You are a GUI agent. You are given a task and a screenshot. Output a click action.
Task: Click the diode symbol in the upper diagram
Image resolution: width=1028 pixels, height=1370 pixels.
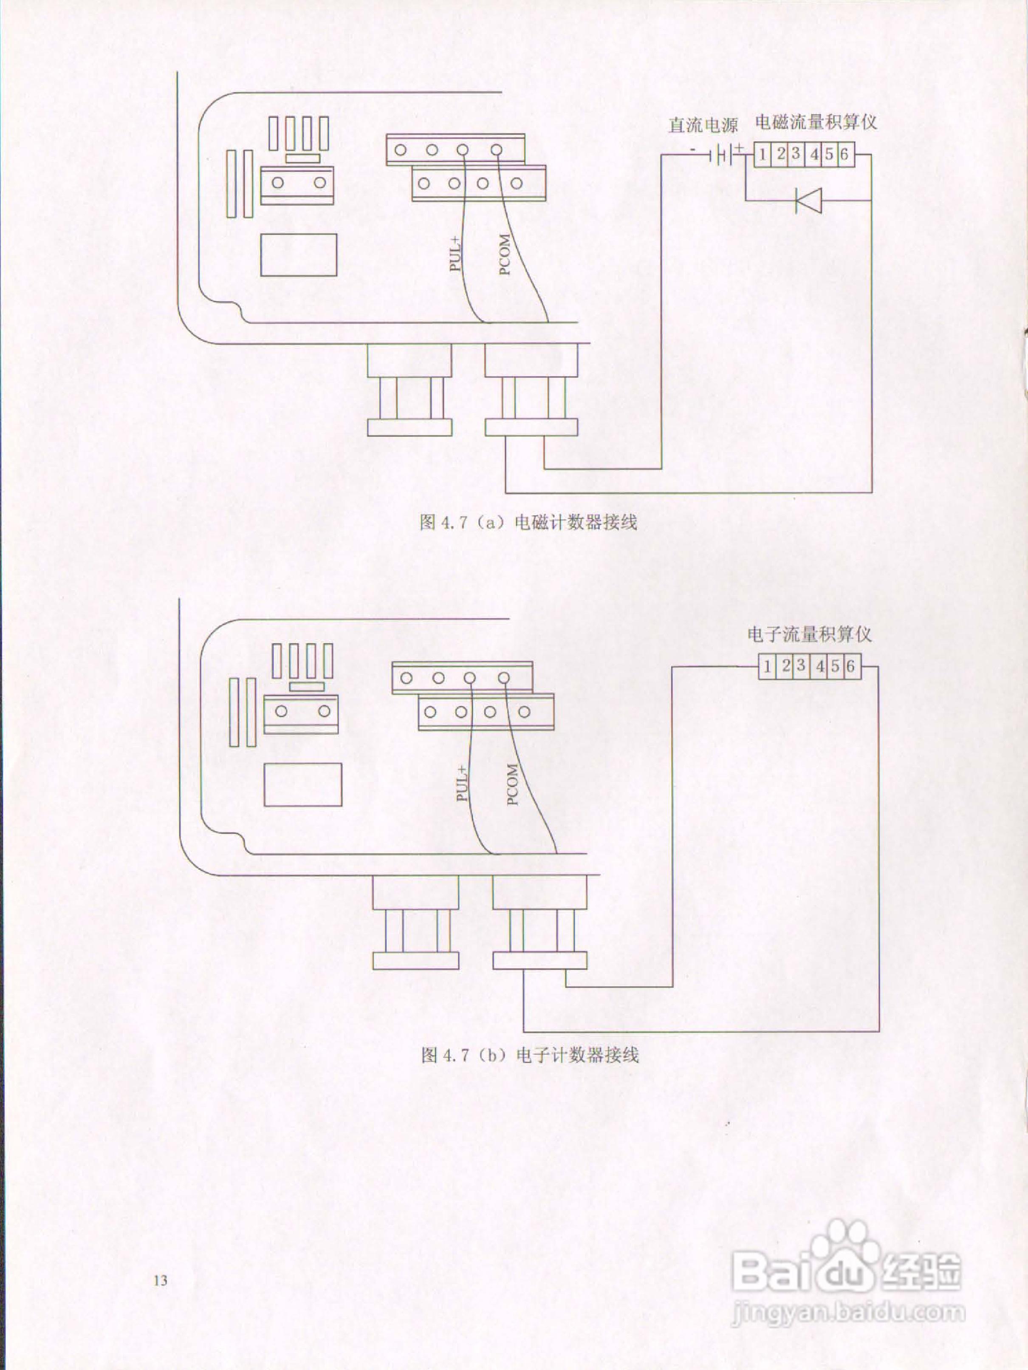click(808, 200)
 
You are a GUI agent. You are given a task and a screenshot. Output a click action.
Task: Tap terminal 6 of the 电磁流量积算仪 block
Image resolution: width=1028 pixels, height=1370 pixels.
click(844, 153)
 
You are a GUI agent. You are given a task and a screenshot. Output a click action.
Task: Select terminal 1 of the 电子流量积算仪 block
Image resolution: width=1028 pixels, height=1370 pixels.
click(767, 666)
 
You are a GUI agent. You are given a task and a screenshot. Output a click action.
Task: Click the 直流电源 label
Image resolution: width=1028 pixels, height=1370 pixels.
click(703, 125)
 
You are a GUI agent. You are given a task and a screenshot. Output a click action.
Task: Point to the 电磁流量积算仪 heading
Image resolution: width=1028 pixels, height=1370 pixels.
click(816, 122)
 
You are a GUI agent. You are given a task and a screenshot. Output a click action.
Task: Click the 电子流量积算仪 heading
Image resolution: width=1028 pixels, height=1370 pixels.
click(809, 634)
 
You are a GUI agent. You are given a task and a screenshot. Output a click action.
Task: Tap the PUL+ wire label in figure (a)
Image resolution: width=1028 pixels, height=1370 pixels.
click(456, 254)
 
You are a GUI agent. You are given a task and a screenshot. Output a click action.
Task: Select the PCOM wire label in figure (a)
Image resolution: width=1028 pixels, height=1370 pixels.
click(505, 254)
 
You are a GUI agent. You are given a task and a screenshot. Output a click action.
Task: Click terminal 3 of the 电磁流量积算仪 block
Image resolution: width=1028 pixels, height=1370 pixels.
click(796, 153)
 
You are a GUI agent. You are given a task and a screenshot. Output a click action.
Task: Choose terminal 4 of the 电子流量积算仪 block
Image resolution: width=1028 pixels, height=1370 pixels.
click(820, 666)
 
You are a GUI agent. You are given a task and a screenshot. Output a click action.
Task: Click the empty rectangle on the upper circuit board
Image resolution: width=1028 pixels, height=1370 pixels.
click(299, 255)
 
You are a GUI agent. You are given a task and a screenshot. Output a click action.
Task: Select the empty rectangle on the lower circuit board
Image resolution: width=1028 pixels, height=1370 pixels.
click(303, 784)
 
